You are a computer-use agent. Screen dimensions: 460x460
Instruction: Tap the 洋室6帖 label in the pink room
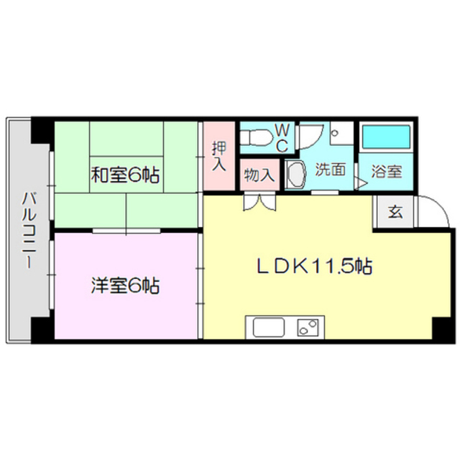[x=125, y=285]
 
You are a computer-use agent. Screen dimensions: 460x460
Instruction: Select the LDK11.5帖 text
[x=315, y=267]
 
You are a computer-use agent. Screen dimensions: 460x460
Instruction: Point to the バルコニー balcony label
[x=29, y=230]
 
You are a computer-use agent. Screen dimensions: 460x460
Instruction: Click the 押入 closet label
[x=219, y=156]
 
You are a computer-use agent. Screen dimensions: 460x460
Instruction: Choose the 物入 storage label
[x=258, y=175]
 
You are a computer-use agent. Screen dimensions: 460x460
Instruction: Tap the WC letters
[x=282, y=137]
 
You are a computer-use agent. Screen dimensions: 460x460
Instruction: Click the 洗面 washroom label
[x=331, y=170]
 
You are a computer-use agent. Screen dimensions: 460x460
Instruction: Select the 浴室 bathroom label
[x=386, y=173]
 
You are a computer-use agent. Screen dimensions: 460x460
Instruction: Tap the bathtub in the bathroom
[x=385, y=137]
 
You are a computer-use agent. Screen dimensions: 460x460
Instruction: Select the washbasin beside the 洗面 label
[x=295, y=175]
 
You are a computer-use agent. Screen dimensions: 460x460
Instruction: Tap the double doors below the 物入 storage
[x=259, y=201]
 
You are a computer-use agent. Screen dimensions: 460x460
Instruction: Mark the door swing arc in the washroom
[x=313, y=137]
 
